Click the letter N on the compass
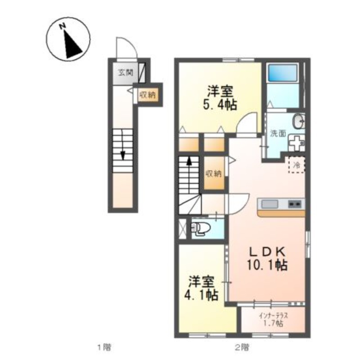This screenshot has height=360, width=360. click(63, 27)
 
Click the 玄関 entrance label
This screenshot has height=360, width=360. click(126, 72)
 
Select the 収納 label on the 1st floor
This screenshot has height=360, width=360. click(148, 94)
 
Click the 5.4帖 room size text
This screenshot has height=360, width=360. click(220, 105)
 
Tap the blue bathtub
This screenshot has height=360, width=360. click(283, 72)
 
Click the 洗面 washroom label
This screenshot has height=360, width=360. click(278, 133)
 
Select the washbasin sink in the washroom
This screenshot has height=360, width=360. click(298, 121)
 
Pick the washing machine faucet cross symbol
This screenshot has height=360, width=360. click(296, 143)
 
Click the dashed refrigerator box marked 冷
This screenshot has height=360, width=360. click(297, 165)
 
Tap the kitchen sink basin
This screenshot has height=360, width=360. click(270, 204)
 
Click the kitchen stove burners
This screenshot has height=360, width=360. click(295, 204)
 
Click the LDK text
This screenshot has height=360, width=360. click(268, 252)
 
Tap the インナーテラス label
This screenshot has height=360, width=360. click(273, 316)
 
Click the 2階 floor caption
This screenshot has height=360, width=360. click(242, 347)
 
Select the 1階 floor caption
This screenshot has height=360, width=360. click(104, 347)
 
